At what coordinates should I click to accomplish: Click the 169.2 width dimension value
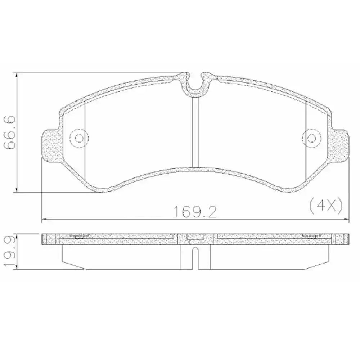pyautogui.click(x=195, y=212)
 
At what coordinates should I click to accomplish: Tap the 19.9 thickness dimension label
pyautogui.click(x=10, y=252)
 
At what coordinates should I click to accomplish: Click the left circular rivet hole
pyautogui.click(x=79, y=138)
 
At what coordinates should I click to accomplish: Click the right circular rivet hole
pyautogui.click(x=311, y=138)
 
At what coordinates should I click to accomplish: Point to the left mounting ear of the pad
pyautogui.click(x=52, y=145)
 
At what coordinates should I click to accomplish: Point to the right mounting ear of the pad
pyautogui.click(x=340, y=145)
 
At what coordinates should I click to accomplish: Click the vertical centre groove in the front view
pyautogui.click(x=195, y=132)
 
